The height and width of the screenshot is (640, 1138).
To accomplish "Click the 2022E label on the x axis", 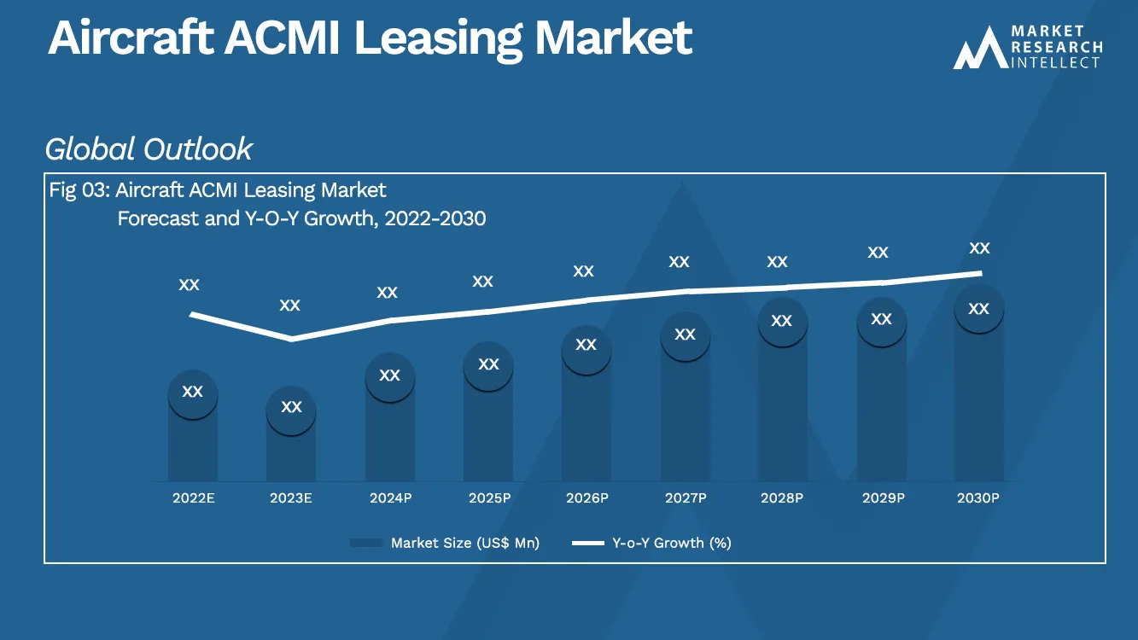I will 193,497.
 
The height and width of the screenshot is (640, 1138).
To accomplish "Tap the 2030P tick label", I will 978,497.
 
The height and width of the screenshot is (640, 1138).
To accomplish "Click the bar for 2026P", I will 586,427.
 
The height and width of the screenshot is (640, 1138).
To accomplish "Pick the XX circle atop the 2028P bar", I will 782,321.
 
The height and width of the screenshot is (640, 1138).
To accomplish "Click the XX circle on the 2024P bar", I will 389,375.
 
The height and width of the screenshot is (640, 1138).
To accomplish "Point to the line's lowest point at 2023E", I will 291,339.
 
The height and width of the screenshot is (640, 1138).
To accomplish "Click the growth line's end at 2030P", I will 979,273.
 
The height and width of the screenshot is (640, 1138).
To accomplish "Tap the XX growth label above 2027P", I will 679,262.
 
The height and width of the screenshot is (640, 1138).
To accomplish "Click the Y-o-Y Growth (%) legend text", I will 672,543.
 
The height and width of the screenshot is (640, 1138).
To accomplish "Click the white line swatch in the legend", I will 587,543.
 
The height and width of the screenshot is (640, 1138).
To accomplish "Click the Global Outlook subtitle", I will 149,149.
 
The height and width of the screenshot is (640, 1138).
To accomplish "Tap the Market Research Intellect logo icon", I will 978,49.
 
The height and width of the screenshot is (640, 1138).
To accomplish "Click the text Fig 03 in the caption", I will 77,190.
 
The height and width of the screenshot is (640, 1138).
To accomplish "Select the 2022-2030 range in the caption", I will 435,218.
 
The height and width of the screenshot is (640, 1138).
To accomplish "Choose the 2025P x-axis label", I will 488,497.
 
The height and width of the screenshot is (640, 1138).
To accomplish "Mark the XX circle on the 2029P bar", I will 881,319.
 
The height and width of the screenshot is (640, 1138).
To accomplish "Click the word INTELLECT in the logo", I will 1056,62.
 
